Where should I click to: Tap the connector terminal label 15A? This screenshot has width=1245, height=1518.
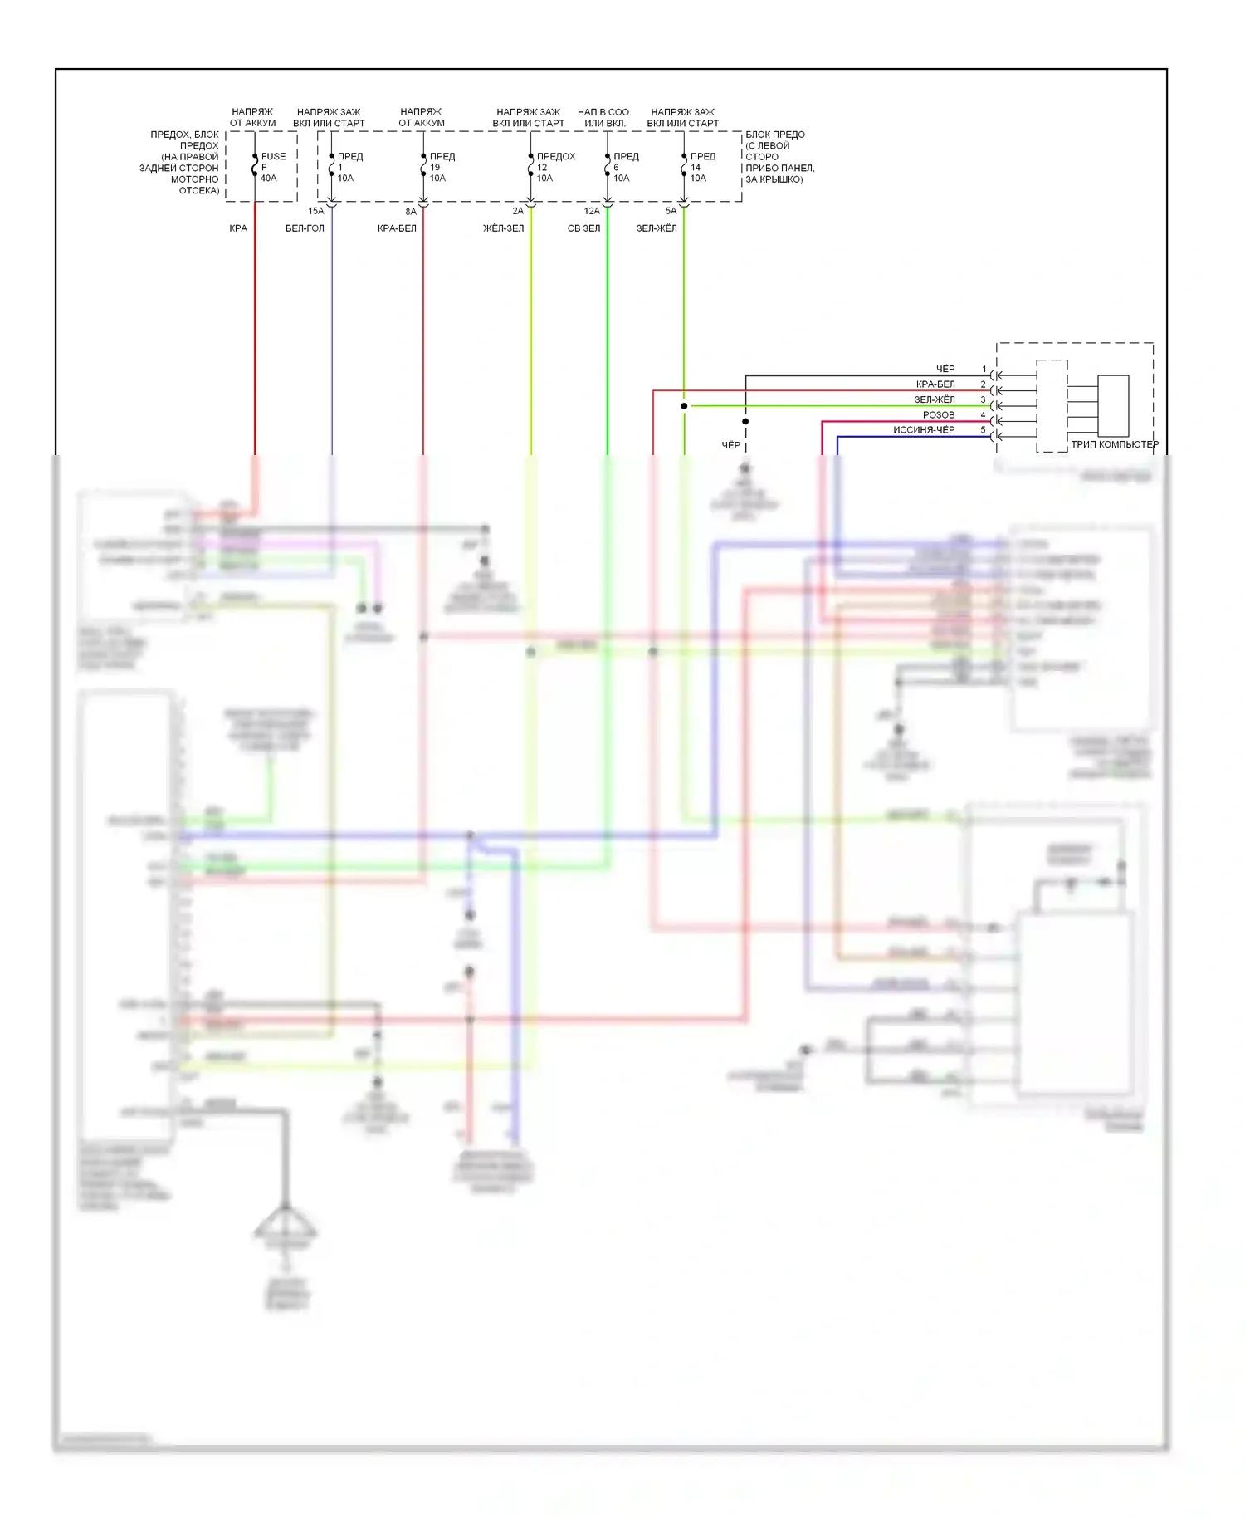point(316,211)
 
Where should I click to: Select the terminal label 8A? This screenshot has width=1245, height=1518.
point(411,212)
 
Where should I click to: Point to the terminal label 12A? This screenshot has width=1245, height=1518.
point(592,211)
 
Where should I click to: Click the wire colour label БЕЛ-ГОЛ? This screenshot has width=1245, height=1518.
point(305,228)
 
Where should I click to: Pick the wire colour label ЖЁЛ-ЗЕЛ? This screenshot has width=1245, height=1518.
point(503,228)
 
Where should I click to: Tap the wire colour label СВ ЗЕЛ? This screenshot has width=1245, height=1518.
point(583,228)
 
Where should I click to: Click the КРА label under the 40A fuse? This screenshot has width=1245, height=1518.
point(238,228)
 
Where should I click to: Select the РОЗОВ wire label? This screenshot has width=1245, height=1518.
point(939,414)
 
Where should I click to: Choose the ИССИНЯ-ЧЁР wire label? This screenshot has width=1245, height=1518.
point(924,430)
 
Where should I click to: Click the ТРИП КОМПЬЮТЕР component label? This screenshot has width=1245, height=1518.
point(1115,444)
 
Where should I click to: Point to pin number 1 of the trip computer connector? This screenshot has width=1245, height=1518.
point(984,369)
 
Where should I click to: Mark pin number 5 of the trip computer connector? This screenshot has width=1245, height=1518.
point(984,430)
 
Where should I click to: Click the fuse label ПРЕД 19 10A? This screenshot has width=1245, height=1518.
point(440,167)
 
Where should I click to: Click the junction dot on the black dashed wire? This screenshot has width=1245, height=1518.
point(745,422)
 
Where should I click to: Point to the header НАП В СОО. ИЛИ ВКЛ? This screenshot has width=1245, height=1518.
point(604,117)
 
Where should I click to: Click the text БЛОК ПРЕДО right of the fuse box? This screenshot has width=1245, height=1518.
point(775,135)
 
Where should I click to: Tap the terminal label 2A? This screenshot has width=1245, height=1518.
point(518,211)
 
